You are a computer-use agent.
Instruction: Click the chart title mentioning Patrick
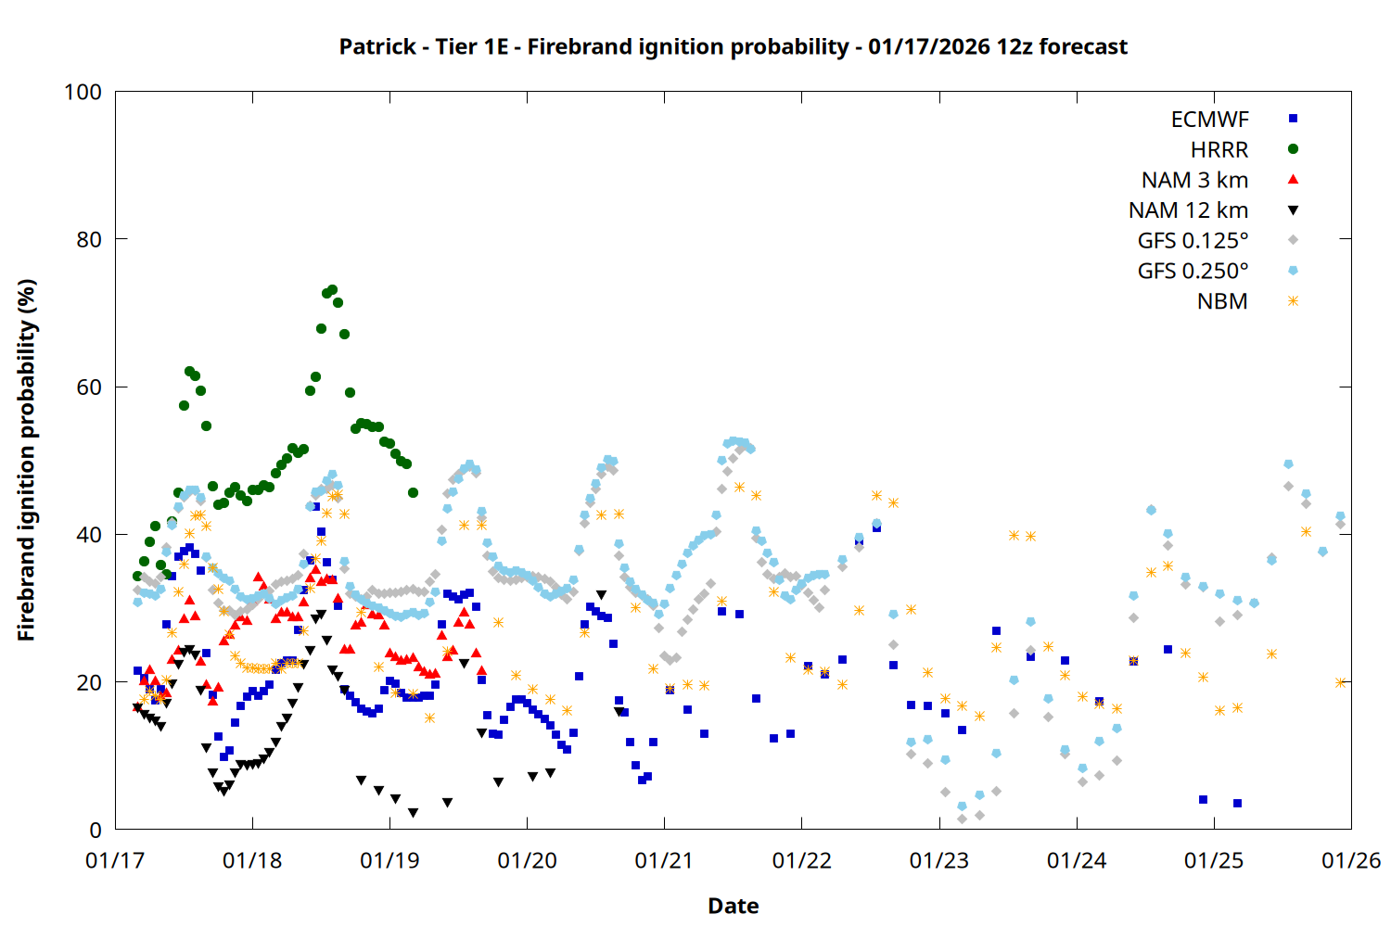[733, 46]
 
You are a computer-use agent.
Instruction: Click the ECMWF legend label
[1209, 120]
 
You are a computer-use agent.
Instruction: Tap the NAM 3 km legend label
[1194, 180]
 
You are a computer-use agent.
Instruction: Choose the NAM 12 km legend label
[1188, 210]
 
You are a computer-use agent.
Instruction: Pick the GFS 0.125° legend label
[1193, 241]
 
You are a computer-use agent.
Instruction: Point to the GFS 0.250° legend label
[1193, 272]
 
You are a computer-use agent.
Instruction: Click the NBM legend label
[1222, 301]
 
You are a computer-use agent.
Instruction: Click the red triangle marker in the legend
[1293, 179]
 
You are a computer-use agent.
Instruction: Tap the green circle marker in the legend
[1293, 149]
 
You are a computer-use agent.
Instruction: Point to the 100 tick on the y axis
[83, 92]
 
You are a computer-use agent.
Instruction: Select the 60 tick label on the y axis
[89, 387]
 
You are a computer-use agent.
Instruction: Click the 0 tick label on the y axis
[96, 831]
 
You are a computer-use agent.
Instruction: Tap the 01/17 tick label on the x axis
[115, 861]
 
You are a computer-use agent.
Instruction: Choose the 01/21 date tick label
[664, 861]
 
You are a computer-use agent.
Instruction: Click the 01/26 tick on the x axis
[1351, 861]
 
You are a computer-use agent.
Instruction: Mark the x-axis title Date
[733, 906]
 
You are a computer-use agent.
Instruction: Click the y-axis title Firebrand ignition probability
[27, 460]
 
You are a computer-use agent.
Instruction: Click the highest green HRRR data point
[332, 290]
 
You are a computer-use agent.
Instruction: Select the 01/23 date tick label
[938, 861]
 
